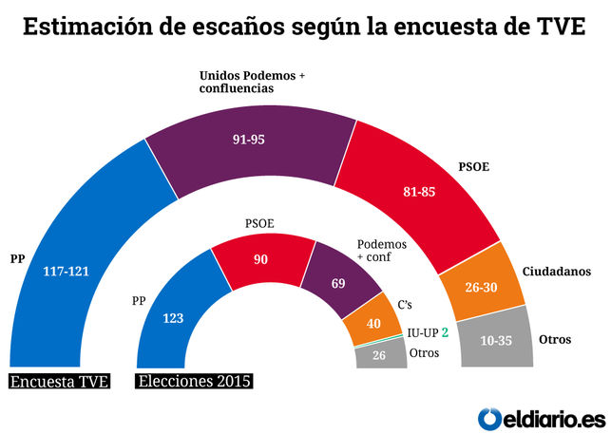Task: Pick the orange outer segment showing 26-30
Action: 480,286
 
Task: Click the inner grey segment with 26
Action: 378,357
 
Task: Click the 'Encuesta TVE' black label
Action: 60,382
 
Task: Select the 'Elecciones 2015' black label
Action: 195,382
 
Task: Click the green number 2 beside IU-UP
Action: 444,333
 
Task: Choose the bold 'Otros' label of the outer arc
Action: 554,339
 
